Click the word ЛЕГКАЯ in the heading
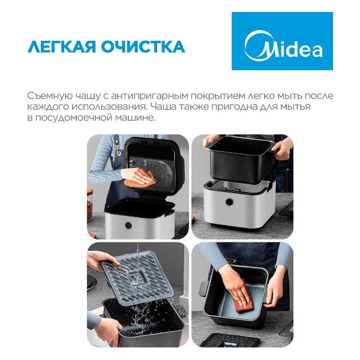(62, 47)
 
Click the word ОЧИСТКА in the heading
(143, 47)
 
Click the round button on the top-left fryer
(128, 225)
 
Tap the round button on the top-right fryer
(229, 202)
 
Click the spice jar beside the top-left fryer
(89, 205)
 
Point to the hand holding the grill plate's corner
(101, 260)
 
